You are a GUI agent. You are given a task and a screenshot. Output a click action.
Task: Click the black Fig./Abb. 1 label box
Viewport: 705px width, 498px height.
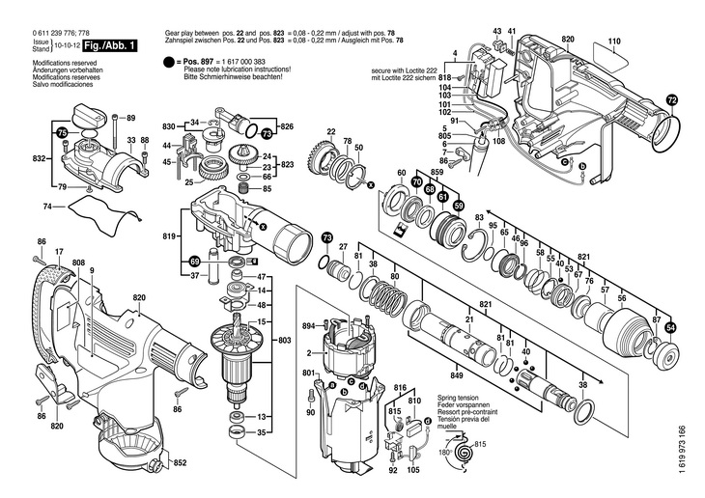[110, 45]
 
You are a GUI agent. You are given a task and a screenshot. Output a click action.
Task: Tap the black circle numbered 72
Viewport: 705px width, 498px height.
[673, 99]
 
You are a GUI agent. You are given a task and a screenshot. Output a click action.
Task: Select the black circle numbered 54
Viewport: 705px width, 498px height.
[671, 327]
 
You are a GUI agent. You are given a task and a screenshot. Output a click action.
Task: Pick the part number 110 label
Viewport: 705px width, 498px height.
[613, 41]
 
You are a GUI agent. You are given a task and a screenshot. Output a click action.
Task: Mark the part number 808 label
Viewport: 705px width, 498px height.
[78, 263]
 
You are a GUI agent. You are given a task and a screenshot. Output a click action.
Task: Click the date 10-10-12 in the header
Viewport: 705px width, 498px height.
[66, 44]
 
